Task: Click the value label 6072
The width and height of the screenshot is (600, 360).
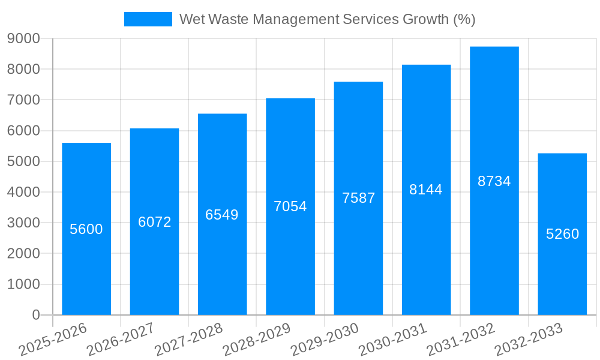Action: coord(155,222)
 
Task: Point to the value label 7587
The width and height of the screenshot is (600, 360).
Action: coord(358,198)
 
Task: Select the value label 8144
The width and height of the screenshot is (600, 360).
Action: coord(426,190)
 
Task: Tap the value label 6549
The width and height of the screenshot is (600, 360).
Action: coord(222,215)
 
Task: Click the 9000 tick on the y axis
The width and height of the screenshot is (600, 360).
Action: coord(23,38)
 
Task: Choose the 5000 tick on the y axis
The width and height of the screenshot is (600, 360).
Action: coord(23,161)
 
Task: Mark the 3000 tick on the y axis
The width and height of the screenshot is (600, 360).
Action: coord(23,223)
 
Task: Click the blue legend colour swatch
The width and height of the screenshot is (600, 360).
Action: coord(148,19)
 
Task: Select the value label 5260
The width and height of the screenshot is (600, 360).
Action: coord(562,234)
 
